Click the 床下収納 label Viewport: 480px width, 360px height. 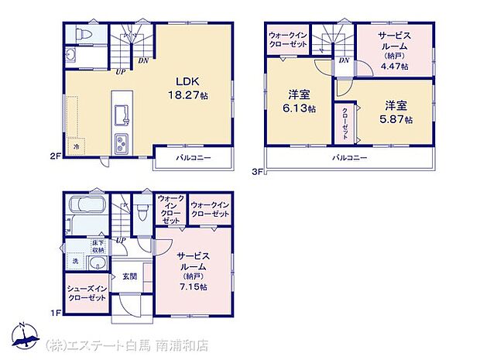[98, 248]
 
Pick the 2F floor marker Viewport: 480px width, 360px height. [55, 155]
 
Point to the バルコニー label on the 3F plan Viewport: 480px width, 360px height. [349, 157]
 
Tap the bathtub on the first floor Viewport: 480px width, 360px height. [87, 207]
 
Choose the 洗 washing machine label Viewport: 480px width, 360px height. [75, 262]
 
